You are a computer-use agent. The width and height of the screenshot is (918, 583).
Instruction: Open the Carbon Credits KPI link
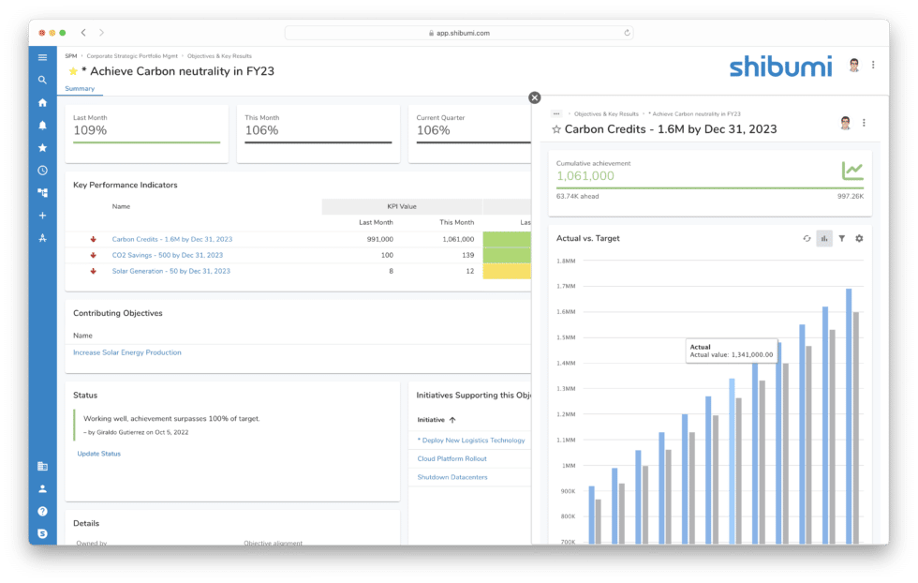[x=171, y=239]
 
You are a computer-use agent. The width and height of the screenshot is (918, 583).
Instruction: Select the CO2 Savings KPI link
[x=167, y=255]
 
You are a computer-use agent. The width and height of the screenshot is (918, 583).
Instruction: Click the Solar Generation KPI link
[x=170, y=271]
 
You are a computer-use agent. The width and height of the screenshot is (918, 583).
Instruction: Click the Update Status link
[x=98, y=454]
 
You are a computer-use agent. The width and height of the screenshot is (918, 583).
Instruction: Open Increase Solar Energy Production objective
[x=127, y=352]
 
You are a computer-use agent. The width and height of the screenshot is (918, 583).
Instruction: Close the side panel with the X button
[x=534, y=97]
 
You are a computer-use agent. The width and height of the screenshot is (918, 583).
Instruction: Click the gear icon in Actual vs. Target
[x=859, y=239]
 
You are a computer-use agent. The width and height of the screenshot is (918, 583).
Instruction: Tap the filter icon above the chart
[x=841, y=239]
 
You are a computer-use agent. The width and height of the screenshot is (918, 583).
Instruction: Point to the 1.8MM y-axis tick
[x=565, y=262]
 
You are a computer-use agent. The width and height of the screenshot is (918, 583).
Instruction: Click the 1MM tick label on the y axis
[x=569, y=466]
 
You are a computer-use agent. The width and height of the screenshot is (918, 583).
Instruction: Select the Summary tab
[x=80, y=89]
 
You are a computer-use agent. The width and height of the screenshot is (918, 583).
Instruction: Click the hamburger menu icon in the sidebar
[x=42, y=58]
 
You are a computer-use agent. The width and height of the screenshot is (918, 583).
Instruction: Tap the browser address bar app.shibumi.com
[x=459, y=33]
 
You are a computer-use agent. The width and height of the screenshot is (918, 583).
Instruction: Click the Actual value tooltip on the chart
[x=731, y=351]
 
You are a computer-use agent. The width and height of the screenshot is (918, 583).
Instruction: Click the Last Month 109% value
[x=91, y=130]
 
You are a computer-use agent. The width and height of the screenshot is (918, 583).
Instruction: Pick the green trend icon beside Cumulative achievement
[x=851, y=171]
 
